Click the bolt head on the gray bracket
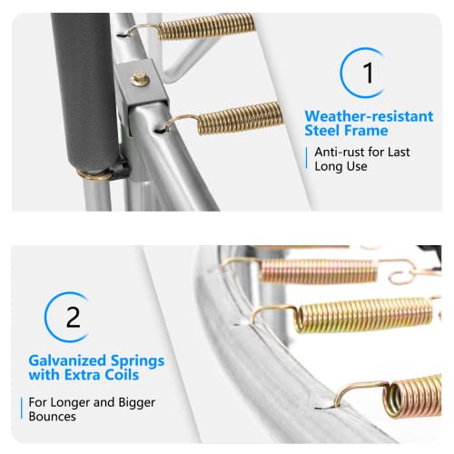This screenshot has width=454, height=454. coord(140,79)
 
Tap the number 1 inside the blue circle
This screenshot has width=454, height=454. coord(369,73)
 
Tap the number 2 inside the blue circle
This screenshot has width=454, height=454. coord(74,317)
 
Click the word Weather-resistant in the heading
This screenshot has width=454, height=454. coord(369,116)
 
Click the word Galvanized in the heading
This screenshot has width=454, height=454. coord(67,360)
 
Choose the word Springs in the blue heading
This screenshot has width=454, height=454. coord(137,361)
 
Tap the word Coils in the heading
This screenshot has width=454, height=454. coord(122,375)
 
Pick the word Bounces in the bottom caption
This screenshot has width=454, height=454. coord(53,417)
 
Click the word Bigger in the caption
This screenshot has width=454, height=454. coord(137,403)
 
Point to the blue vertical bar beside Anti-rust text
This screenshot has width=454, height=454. coord(307,158)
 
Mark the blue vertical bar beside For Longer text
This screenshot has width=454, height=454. coord(22,409)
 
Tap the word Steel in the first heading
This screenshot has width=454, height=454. coord(322,131)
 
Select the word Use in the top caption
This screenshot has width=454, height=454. coord(358,166)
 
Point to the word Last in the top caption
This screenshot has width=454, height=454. coord(399,152)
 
